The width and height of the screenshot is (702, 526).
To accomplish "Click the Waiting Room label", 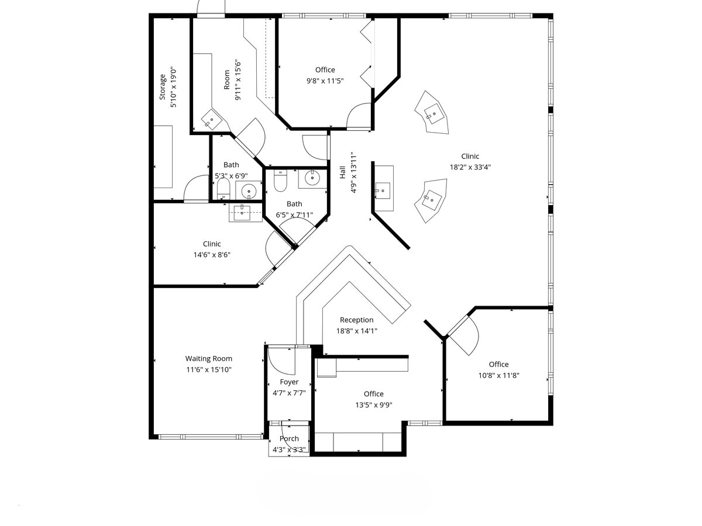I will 209,358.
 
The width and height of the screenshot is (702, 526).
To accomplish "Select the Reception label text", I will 356,320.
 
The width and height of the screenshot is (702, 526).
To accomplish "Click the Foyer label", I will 289,382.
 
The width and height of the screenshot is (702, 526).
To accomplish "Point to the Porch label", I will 289,438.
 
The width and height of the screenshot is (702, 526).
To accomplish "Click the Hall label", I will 343,172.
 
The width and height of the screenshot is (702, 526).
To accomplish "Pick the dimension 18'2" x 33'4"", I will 470,167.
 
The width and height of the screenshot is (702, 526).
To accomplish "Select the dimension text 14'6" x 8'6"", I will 212,254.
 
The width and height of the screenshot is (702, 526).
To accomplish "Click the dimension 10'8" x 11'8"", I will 498,375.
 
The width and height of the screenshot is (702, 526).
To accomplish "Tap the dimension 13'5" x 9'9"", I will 373,404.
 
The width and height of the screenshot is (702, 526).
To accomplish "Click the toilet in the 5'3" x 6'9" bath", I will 223,189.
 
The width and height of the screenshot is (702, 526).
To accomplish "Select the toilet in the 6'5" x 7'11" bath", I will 280,181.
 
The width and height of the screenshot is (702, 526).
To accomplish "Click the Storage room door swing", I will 196,189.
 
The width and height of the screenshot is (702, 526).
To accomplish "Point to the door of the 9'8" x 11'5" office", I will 359,116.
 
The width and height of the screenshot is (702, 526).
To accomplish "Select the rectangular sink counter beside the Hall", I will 384,188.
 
